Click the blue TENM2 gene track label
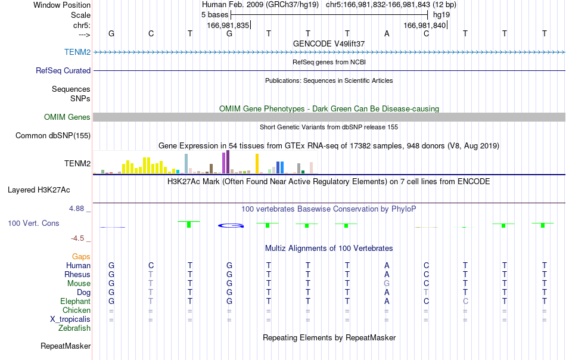[x=77, y=52]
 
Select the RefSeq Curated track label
[x=63, y=70]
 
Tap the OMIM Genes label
[x=67, y=117]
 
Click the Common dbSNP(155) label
[x=53, y=135]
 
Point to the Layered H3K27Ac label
[x=39, y=190]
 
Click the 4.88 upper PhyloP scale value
[x=76, y=209]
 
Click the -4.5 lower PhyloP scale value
[x=77, y=238]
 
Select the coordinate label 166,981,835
[x=228, y=25]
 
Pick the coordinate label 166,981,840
[x=424, y=25]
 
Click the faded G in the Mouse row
[x=387, y=284]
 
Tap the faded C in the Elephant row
[x=465, y=301]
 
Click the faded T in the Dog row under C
[x=427, y=292]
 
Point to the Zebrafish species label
[x=74, y=328]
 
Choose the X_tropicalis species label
[x=70, y=319]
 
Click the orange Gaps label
[x=81, y=256]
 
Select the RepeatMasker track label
[x=66, y=346]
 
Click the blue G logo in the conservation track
[x=231, y=226]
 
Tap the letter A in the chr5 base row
[x=387, y=33]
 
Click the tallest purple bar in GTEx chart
[x=228, y=162]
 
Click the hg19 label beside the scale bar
[x=441, y=15]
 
